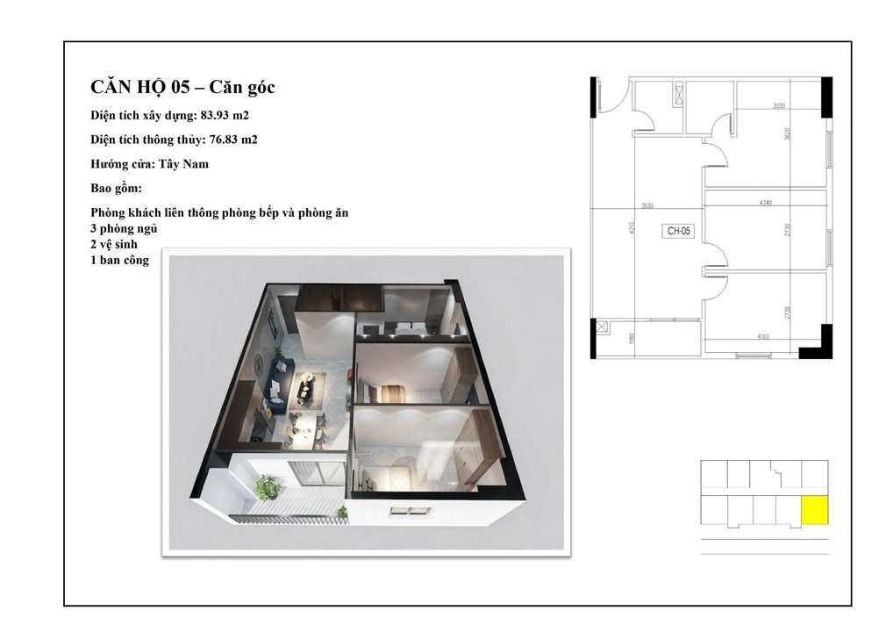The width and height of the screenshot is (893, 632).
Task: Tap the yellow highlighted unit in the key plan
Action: point(815,511)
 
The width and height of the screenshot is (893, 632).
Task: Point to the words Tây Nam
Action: point(190,163)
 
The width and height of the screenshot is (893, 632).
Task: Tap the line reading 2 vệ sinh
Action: point(113,245)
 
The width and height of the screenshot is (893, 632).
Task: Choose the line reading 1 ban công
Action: point(119,261)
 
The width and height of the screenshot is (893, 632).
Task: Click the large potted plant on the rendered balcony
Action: point(266,485)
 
